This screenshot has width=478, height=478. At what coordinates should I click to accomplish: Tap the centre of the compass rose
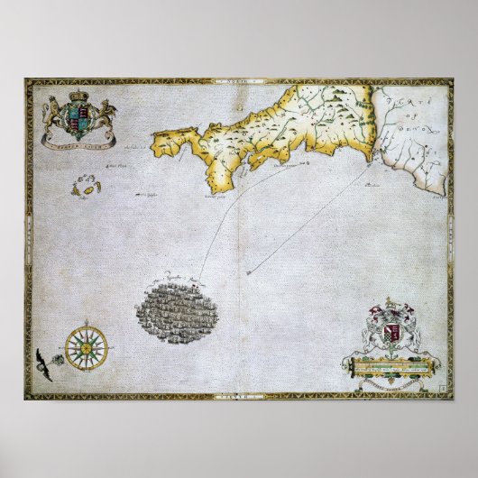87,346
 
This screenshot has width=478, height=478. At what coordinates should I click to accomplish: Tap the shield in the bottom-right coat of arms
391,335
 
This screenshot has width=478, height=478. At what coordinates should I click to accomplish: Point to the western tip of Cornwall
154,142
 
